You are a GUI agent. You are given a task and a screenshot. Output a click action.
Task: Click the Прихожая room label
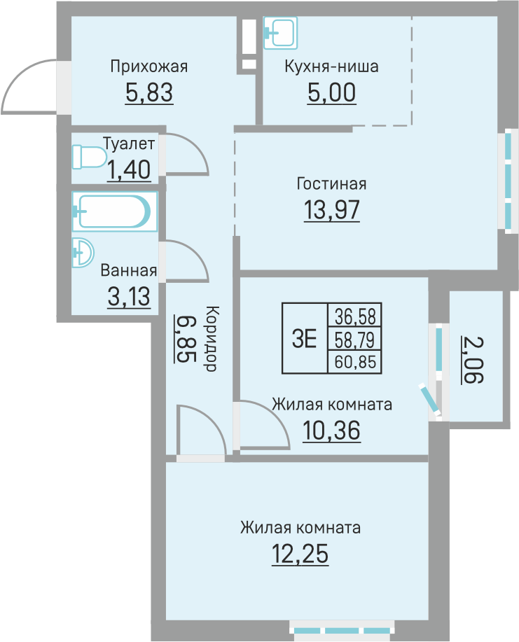tap(149, 67)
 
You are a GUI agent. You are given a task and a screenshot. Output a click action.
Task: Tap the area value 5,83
tap(149, 92)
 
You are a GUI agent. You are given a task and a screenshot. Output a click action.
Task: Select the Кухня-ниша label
tap(331, 67)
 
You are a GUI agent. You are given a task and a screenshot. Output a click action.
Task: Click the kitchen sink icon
tap(280, 33)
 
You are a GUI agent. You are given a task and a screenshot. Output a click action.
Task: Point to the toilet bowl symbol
tap(89, 157)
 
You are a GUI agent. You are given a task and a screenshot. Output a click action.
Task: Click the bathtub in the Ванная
tap(115, 211)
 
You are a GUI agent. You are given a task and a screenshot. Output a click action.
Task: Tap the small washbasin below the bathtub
tap(83, 253)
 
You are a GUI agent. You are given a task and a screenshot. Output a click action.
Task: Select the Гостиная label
tap(331, 184)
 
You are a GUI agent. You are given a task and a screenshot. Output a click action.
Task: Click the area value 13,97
tap(332, 210)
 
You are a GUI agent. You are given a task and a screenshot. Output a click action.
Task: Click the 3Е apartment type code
tap(305, 339)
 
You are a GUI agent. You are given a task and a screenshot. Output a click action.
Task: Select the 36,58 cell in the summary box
tap(354, 316)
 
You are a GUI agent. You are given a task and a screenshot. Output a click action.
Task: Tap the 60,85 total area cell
tap(354, 362)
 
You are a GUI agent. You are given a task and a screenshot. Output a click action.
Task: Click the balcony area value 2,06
tap(472, 360)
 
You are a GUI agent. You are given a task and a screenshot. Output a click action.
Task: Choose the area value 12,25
tap(300, 554)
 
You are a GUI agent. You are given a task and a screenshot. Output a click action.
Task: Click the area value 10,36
tap(332, 431)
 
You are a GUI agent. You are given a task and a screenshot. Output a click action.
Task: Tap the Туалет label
tap(129, 144)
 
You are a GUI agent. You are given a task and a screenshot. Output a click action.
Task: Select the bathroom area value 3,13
tap(129, 296)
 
